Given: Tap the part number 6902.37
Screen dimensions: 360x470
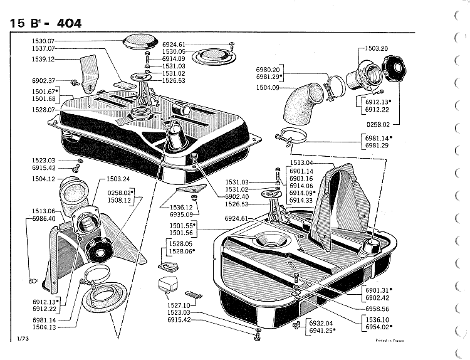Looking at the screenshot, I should pyautogui.click(x=43, y=81).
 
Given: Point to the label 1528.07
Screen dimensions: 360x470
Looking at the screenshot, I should pyautogui.click(x=43, y=110).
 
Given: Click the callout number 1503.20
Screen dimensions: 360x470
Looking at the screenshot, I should pyautogui.click(x=377, y=48).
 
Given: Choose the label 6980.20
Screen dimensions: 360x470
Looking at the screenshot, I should pyautogui.click(x=268, y=69).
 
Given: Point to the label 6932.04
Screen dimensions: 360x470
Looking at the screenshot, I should pyautogui.click(x=321, y=323).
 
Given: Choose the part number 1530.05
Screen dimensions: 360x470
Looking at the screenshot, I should pyautogui.click(x=174, y=51).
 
